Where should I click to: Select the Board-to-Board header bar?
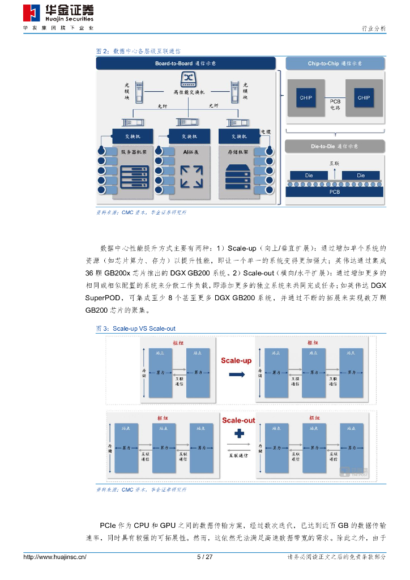click(x=186, y=63)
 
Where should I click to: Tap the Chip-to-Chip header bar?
click(x=335, y=63)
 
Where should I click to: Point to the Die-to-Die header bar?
click(x=335, y=146)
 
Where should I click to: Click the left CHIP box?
click(x=306, y=98)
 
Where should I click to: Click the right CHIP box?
click(x=364, y=98)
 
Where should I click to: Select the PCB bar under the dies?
click(x=335, y=192)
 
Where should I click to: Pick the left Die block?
click(x=309, y=176)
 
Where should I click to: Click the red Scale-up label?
click(x=236, y=360)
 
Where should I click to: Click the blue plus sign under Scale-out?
click(x=238, y=434)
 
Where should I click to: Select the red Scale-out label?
click(x=238, y=420)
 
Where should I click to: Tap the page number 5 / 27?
click(x=204, y=557)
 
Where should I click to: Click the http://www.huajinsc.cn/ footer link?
click(x=54, y=557)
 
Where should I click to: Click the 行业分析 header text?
click(x=374, y=28)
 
